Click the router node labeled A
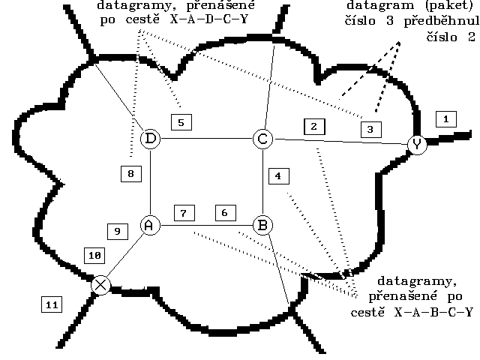pyautogui.click(x=151, y=224)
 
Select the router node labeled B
pyautogui.click(x=262, y=224)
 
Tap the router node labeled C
pyautogui.click(x=262, y=139)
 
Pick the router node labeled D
pyautogui.click(x=151, y=139)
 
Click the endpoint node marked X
pyautogui.click(x=100, y=285)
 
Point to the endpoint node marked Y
pyautogui.click(x=417, y=144)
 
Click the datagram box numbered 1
pyautogui.click(x=445, y=118)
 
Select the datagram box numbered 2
pyautogui.click(x=314, y=126)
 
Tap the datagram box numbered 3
pyautogui.click(x=370, y=129)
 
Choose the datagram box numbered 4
pyautogui.click(x=278, y=177)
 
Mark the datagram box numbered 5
pyautogui.click(x=181, y=121)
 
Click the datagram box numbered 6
pyautogui.click(x=223, y=212)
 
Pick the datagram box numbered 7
pyautogui.click(x=184, y=212)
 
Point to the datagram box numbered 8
pyautogui.click(x=130, y=174)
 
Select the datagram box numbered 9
pyautogui.click(x=117, y=232)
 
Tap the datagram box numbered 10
pyautogui.click(x=95, y=255)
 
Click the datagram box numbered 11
pyautogui.click(x=51, y=304)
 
